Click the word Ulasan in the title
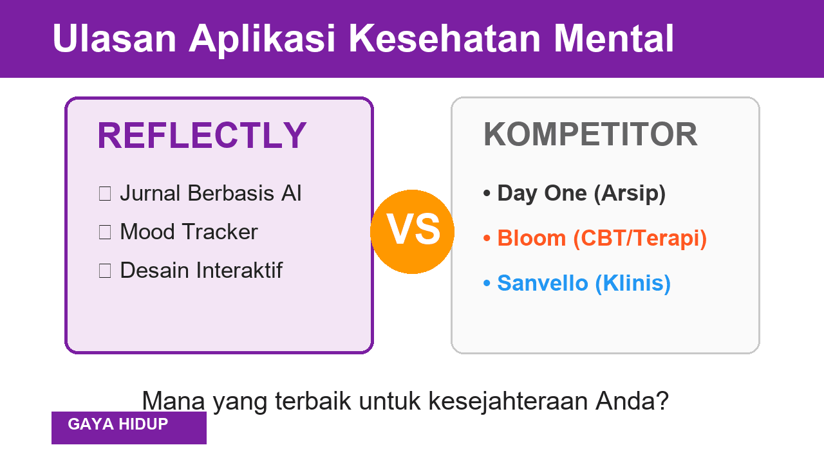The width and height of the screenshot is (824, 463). pyautogui.click(x=114, y=39)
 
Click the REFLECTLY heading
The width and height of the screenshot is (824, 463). pyautogui.click(x=201, y=136)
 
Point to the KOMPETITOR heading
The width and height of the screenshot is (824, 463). pyautogui.click(x=590, y=134)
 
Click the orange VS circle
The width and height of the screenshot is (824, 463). pyautogui.click(x=413, y=232)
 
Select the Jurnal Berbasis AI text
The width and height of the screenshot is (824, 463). pyautogui.click(x=211, y=193)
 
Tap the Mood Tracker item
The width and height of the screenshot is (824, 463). pyautogui.click(x=189, y=232)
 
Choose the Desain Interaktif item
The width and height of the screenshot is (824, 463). pyautogui.click(x=201, y=270)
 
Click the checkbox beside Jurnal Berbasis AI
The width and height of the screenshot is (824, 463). pyautogui.click(x=105, y=194)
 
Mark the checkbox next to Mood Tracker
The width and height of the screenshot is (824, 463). pyautogui.click(x=105, y=232)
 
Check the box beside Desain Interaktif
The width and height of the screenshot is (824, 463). pyautogui.click(x=105, y=271)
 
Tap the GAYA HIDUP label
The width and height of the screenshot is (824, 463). pyautogui.click(x=118, y=424)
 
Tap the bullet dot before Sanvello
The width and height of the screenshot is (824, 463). pyautogui.click(x=487, y=284)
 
